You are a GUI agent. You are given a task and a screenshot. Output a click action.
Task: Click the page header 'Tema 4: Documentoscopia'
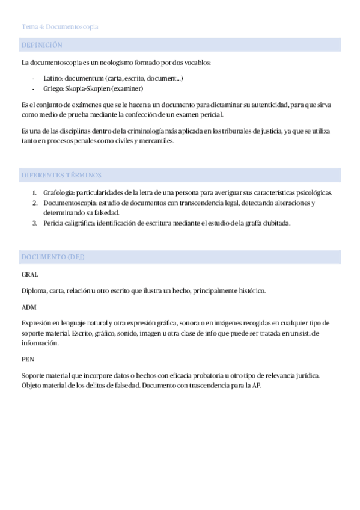[x=59, y=27]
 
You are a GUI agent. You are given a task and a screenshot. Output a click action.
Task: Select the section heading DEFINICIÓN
[x=41, y=45]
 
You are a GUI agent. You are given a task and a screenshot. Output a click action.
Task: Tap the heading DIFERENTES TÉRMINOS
[x=61, y=175]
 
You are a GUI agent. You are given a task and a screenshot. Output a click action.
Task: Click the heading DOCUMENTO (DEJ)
[x=53, y=257]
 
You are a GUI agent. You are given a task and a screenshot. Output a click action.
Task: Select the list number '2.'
[x=35, y=203]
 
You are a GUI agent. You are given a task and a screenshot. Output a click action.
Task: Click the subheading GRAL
[x=29, y=274]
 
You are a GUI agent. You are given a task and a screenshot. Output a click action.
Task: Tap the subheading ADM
[x=29, y=307]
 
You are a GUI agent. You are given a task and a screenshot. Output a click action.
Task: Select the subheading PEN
[x=28, y=360]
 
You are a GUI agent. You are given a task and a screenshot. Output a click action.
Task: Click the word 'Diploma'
[x=34, y=291]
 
